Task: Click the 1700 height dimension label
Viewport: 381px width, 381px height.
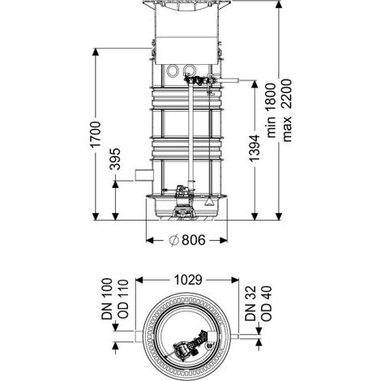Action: pos(96,135)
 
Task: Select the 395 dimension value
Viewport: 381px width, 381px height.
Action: pos(115,159)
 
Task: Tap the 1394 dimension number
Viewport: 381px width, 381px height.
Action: pos(255,148)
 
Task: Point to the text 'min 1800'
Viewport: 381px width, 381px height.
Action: pos(272,110)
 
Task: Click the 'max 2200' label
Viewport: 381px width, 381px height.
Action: pos(287,110)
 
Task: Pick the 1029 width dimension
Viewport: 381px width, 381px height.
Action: pos(188,280)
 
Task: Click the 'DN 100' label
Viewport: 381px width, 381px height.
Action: pos(107,299)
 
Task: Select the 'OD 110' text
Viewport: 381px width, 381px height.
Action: pos(122,299)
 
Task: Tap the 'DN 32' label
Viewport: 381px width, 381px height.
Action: pos(250,304)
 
